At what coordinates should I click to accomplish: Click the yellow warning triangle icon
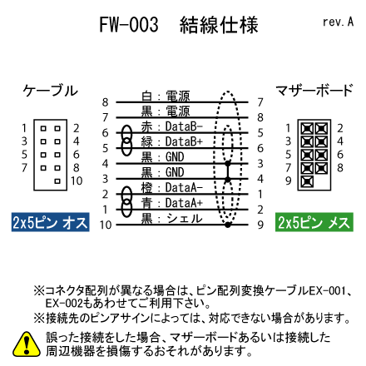click(x=27, y=344)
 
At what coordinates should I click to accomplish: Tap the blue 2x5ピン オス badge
click(x=50, y=222)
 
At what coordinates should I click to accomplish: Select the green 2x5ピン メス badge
click(x=314, y=222)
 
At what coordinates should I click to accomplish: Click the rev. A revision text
click(x=338, y=22)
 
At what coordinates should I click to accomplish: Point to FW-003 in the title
click(x=129, y=25)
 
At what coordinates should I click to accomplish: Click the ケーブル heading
click(x=50, y=91)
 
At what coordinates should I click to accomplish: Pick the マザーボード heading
click(x=314, y=91)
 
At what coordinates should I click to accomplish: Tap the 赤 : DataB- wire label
click(x=172, y=126)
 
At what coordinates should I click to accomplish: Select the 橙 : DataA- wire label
click(x=172, y=188)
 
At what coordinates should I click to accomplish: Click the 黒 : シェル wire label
click(x=172, y=219)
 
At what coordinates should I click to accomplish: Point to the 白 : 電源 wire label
click(x=166, y=96)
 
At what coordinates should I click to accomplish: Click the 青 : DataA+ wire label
click(x=172, y=203)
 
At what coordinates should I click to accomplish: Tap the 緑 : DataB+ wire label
click(x=172, y=141)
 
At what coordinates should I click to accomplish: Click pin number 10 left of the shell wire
click(x=106, y=225)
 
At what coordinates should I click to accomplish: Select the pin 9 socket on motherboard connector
click(x=307, y=181)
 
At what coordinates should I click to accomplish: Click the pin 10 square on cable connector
click(x=57, y=181)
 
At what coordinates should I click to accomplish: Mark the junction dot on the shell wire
click(x=228, y=225)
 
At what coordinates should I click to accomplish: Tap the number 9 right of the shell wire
click(x=260, y=225)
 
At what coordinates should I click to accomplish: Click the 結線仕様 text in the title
click(x=219, y=25)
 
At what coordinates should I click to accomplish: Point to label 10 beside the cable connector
click(x=77, y=181)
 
